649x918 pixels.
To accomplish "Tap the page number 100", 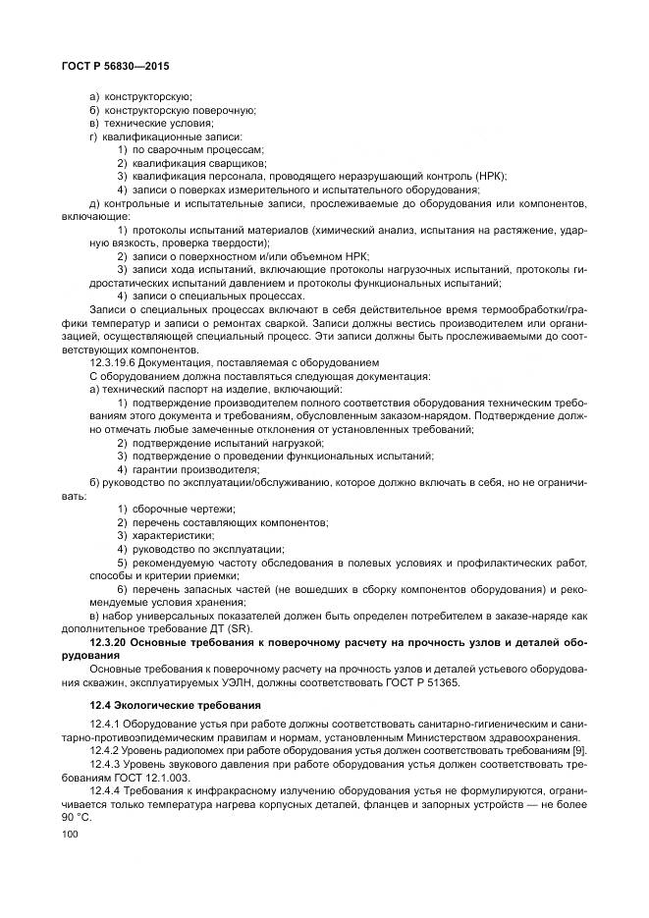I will (x=70, y=834).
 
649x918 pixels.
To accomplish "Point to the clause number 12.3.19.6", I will (x=117, y=362).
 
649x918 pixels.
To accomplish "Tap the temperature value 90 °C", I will (x=76, y=814).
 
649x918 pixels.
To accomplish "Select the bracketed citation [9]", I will (x=577, y=748).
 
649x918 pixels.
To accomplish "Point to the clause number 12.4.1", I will (x=107, y=723).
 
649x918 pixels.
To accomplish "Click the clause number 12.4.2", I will (x=107, y=748).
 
